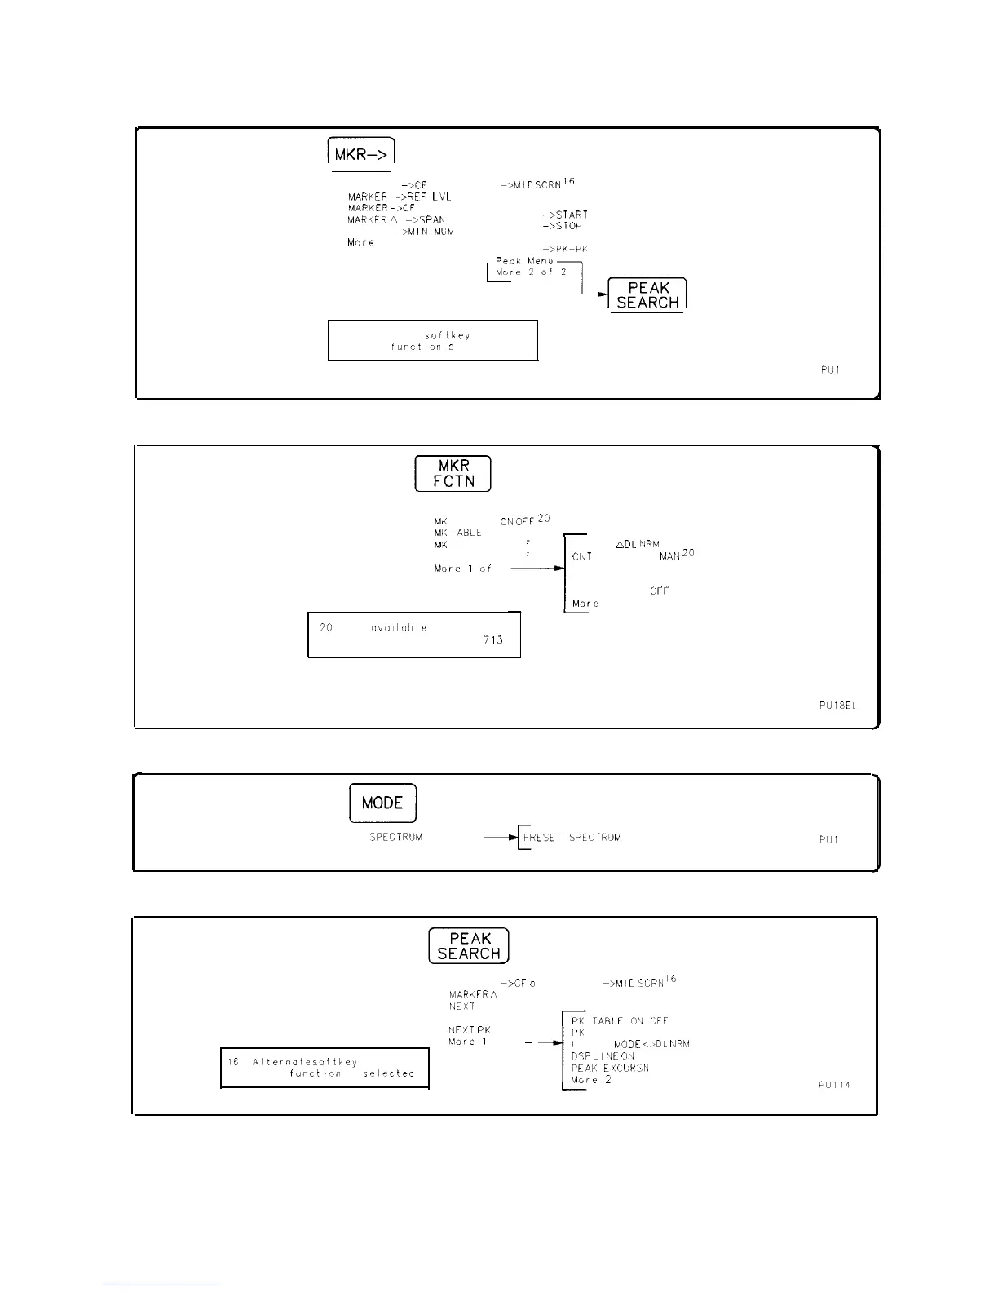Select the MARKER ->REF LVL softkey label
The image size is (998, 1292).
tap(400, 197)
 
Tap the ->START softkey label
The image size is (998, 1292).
tap(564, 215)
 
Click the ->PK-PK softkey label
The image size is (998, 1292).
tap(563, 248)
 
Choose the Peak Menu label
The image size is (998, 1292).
tap(524, 261)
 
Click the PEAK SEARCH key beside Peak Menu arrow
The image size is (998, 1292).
tap(648, 294)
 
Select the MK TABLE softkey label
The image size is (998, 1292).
tap(457, 532)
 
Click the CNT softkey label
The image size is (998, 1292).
tap(582, 556)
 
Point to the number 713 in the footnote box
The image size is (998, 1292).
tap(492, 639)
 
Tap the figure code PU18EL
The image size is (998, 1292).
tap(837, 706)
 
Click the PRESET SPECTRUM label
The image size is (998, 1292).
tap(572, 837)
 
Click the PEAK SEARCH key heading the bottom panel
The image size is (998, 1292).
tap(469, 945)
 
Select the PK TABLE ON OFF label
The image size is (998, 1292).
tap(619, 1020)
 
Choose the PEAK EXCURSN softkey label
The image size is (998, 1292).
tap(609, 1068)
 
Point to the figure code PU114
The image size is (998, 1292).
tap(834, 1085)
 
